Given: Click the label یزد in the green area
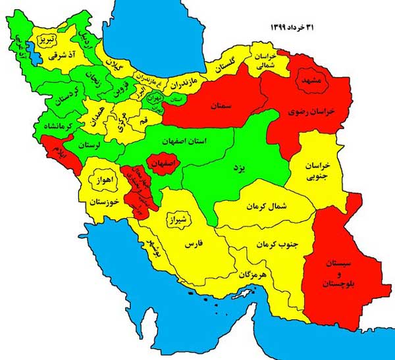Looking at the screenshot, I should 241,168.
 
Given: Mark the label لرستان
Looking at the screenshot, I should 90,143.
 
